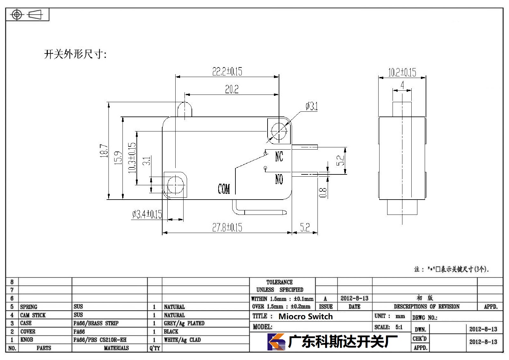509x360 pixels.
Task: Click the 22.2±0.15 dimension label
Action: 227,71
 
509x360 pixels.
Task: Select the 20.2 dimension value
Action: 232,89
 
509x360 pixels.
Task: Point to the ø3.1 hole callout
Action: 312,106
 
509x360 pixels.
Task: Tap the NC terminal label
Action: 279,157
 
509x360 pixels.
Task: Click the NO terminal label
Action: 279,179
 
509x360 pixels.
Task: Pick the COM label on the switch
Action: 224,189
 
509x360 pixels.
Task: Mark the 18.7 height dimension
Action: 104,151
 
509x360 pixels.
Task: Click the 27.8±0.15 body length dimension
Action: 227,227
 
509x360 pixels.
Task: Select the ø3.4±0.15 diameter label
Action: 147,214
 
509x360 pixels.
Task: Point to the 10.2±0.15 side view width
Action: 402,72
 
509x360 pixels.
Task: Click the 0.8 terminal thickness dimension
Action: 323,192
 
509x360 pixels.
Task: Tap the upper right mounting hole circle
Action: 279,131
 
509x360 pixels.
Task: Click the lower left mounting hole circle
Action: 175,185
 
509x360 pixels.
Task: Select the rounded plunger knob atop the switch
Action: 185,109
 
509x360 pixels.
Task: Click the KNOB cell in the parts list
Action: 27,340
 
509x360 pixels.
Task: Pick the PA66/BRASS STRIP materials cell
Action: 96,323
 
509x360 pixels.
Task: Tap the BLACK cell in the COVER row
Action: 171,331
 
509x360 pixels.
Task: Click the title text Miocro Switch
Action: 306,316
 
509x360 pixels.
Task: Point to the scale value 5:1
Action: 399,327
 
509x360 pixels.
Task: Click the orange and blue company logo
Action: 276,342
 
